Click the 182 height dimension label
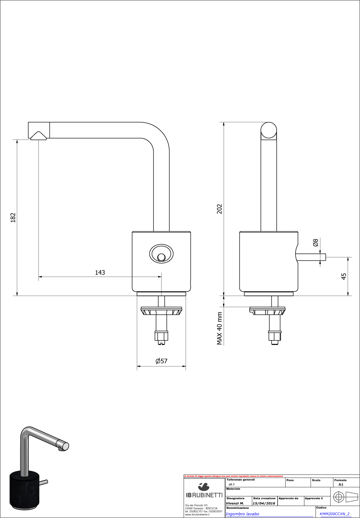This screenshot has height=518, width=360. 13,217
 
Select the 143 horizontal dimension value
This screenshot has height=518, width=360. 100,272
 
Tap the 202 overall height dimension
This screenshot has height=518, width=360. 219,209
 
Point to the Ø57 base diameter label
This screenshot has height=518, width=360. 161,361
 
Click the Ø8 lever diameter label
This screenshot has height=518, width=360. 316,243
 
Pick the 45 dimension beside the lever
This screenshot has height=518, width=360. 344,276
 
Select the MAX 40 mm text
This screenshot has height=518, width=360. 219,329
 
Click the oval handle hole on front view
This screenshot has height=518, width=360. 161,254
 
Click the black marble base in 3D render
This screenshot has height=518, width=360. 25,490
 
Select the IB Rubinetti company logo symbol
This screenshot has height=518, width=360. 204,486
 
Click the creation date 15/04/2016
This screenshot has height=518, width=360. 264,503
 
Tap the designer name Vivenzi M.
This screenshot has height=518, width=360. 235,503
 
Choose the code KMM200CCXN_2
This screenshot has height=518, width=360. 335,514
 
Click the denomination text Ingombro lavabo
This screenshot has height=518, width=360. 242,514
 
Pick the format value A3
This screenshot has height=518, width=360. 340,484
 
